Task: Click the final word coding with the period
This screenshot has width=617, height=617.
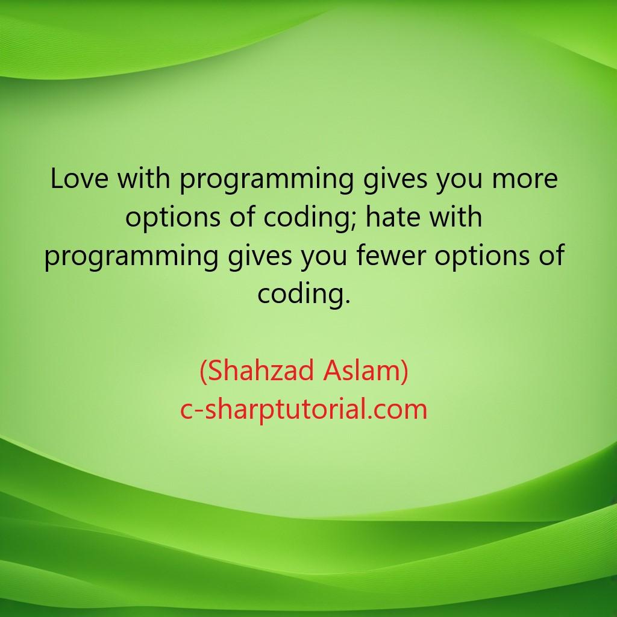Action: point(304,295)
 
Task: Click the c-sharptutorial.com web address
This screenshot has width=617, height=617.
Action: point(304,410)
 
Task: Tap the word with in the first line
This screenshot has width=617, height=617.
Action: point(143,179)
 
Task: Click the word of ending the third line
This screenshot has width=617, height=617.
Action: point(551,256)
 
